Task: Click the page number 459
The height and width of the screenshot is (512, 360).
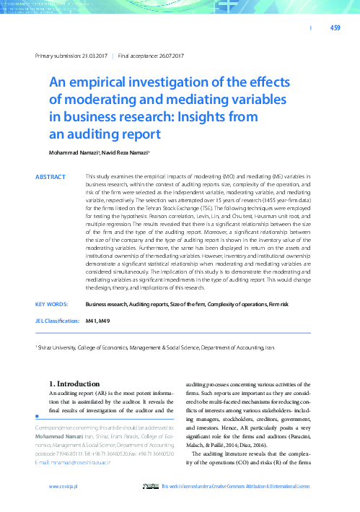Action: pyautogui.click(x=335, y=28)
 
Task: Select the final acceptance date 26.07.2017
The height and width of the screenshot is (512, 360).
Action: pyautogui.click(x=167, y=56)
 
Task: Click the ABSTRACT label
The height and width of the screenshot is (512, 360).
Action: pyautogui.click(x=50, y=177)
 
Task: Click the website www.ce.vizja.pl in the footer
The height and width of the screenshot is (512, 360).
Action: pyautogui.click(x=63, y=487)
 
